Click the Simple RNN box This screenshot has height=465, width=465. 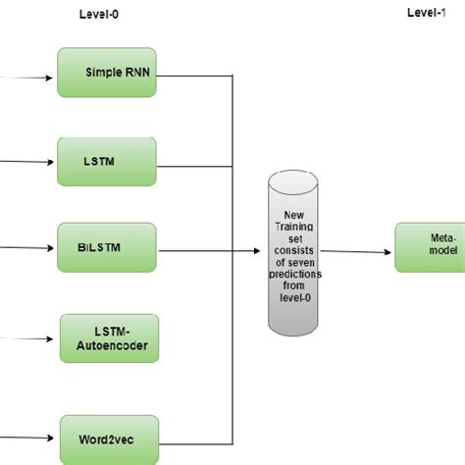tap(108, 72)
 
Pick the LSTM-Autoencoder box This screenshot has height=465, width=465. tap(110, 337)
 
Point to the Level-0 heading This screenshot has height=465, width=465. tap(100, 15)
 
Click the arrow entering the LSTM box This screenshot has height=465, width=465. tap(29, 162)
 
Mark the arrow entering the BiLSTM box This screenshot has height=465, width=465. tap(29, 246)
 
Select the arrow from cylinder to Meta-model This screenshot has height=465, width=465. tap(357, 251)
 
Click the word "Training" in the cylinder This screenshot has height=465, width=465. tap(294, 226)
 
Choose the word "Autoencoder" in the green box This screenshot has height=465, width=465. tap(110, 345)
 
